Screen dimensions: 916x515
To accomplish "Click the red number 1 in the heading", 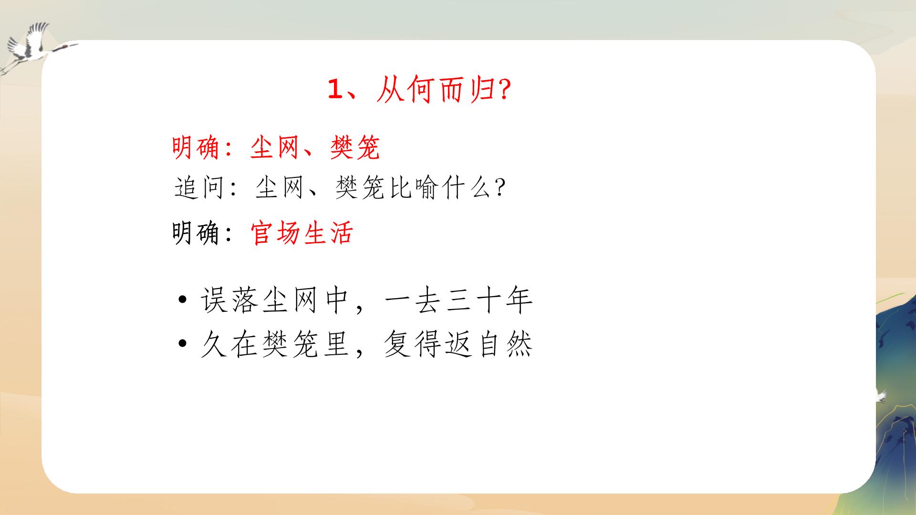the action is [x=335, y=90].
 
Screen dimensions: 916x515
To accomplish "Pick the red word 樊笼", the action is [x=354, y=147].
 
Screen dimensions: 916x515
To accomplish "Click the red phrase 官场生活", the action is [x=302, y=234].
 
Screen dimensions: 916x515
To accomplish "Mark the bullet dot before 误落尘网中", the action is [x=182, y=300].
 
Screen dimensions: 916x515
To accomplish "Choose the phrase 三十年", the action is [x=489, y=300].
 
